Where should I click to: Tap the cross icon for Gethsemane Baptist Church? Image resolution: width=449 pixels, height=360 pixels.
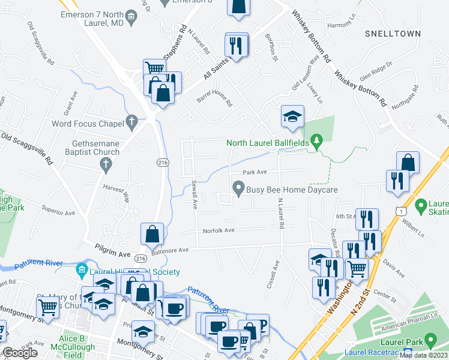pos(105,164)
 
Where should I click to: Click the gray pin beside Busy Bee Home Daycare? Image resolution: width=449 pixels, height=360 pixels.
pos(239,190)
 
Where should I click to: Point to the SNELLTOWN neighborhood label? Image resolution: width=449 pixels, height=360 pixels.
pos(393,34)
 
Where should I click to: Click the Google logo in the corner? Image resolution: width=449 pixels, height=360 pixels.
pos(20,353)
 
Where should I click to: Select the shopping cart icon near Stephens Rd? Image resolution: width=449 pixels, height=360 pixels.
pos(154,69)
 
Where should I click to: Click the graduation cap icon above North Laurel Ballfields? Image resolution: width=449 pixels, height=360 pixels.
pos(292,116)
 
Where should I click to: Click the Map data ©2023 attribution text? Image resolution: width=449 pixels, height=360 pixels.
pos(424,355)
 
